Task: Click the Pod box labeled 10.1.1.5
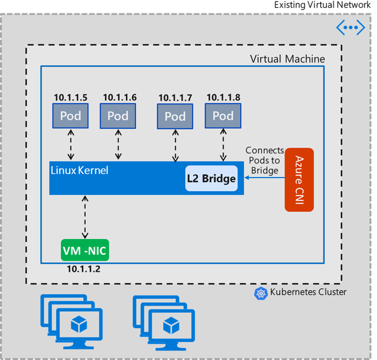70,116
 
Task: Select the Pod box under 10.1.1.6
118,116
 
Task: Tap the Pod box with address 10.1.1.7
175,116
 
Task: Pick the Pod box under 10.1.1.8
223,116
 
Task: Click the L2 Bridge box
211,179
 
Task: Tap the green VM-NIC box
85,250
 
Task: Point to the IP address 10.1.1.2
84,269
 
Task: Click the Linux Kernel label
79,170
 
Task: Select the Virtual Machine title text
287,59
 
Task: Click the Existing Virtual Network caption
323,5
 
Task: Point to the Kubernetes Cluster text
308,292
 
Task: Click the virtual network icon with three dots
351,28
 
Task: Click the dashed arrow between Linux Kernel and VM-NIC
85,217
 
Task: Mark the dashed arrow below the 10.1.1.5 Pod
70,145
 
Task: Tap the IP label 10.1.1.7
175,98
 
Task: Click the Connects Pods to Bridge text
265,160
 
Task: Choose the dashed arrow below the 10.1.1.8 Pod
223,145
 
